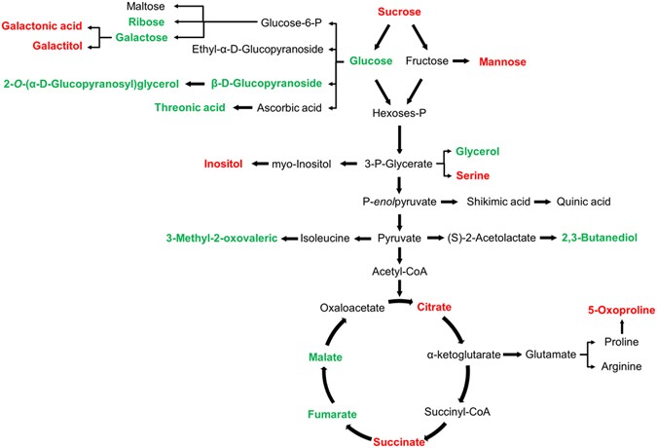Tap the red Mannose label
503,60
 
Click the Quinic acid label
583,202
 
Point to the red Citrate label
434,307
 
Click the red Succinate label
399,441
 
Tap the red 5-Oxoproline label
600,310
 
